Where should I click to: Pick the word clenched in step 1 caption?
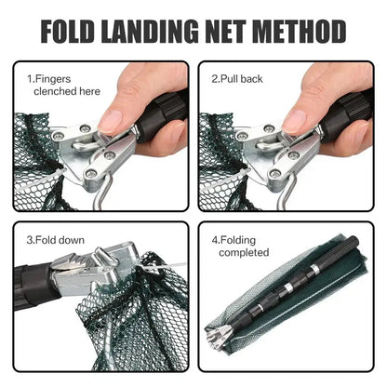click(56, 92)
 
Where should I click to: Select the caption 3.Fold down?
click(52, 241)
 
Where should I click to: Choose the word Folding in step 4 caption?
click(239, 239)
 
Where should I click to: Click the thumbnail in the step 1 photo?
click(111, 120)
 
